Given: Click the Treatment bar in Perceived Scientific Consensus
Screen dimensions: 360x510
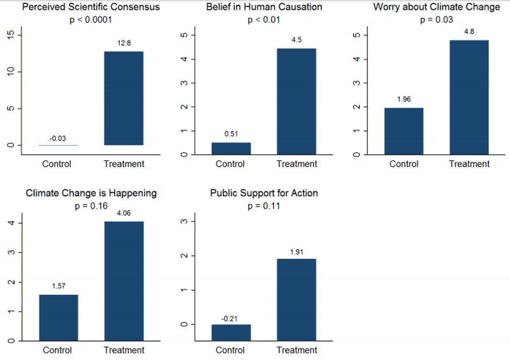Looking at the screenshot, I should point(124,98).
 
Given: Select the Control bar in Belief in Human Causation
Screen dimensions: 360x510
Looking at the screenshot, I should point(231,148).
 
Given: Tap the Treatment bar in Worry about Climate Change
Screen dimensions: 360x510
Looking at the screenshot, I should point(469,97).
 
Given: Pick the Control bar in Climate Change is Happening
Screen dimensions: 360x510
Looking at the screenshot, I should point(58,318).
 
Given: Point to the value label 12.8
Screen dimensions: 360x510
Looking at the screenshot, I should point(124,43).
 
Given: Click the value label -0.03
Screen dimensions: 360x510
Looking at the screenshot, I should point(57,138).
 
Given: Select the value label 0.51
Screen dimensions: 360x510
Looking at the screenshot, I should point(231,134).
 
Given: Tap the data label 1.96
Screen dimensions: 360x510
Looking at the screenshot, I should point(404,99).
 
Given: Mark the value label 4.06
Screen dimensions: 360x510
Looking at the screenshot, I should point(124,213).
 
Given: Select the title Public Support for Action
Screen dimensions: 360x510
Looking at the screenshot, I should point(264,193).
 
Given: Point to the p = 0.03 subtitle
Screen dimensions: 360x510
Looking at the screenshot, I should point(437,20).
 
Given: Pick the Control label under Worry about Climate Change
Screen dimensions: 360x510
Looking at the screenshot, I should point(404,164).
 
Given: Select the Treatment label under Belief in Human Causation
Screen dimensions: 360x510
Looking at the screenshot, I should point(296,164).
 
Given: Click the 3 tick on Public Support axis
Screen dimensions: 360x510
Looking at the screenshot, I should point(183,221).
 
